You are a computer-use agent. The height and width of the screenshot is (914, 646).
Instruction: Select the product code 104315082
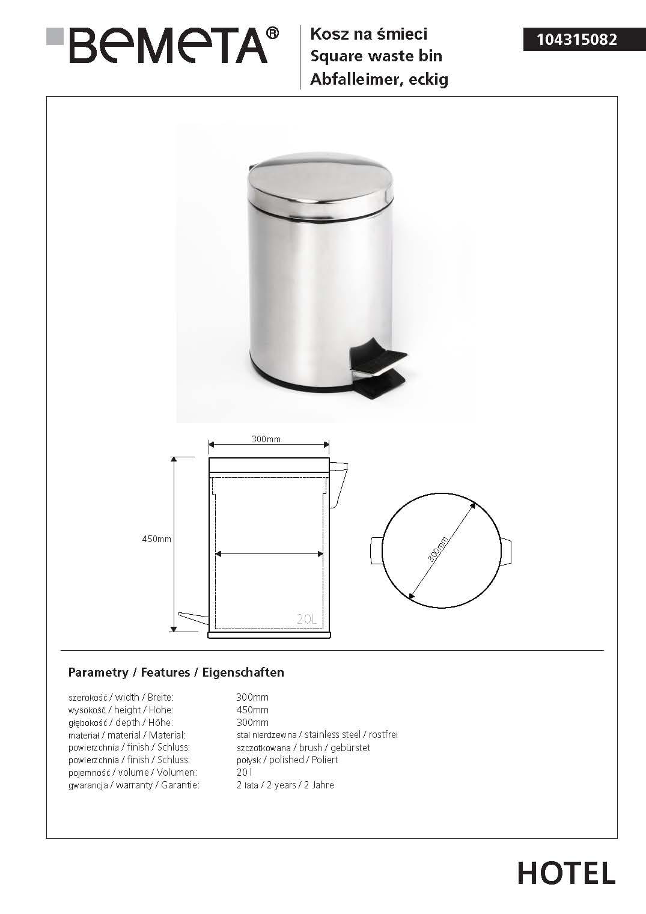click(x=576, y=40)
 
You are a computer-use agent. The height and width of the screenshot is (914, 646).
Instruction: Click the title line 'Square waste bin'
click(x=376, y=56)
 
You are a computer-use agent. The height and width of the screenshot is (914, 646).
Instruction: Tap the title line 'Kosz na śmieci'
click(x=368, y=34)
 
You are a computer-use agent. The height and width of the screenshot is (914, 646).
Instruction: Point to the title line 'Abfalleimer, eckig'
click(x=379, y=79)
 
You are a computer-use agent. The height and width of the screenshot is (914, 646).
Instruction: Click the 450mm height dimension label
click(x=156, y=539)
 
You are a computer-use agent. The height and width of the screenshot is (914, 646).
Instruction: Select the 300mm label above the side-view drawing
click(x=266, y=439)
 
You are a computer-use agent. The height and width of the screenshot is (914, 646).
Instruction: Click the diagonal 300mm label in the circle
click(x=438, y=549)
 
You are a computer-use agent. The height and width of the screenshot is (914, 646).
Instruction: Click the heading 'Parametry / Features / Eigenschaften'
click(x=176, y=672)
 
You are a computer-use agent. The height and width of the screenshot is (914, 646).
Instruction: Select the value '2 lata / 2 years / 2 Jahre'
click(x=285, y=785)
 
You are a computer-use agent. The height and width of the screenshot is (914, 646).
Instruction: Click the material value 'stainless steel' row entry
click(x=317, y=734)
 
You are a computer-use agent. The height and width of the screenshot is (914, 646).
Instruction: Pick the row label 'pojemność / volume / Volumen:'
click(x=133, y=772)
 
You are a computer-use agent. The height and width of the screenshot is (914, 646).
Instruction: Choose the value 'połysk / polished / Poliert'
click(x=287, y=760)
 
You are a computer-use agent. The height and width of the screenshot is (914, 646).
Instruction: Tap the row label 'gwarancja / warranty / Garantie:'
click(x=134, y=785)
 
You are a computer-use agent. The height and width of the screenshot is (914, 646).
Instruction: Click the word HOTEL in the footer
click(x=566, y=873)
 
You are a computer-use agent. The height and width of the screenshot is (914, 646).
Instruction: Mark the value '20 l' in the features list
click(x=244, y=772)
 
